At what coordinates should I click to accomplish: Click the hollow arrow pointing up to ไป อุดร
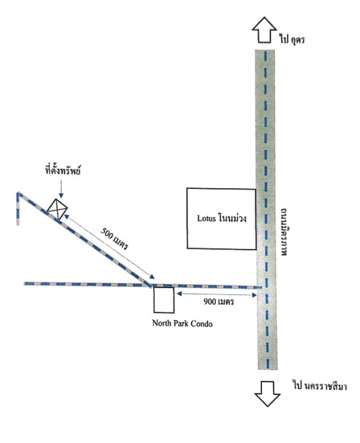[x=264, y=30]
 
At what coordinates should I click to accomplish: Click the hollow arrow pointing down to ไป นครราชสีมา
[x=268, y=394]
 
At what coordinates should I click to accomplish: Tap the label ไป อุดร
[x=292, y=39]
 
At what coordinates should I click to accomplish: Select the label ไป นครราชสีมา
[x=320, y=385]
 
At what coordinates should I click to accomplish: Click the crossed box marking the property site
[x=58, y=209]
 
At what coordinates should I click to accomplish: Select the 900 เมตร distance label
[x=219, y=302]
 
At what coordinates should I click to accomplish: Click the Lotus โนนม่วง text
[x=222, y=218]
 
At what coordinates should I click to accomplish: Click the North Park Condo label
[x=182, y=323]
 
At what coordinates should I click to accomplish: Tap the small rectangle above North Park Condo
[x=163, y=300]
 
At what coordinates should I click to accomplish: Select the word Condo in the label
[x=202, y=323]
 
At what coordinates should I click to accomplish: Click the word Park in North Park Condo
[x=181, y=323]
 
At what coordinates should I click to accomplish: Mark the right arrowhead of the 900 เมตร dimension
[x=255, y=295]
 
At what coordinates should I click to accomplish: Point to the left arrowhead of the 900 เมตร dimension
[x=179, y=294]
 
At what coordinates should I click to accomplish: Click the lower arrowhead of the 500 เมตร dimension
[x=152, y=277]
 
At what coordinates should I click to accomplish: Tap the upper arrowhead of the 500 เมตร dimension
[x=66, y=216]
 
